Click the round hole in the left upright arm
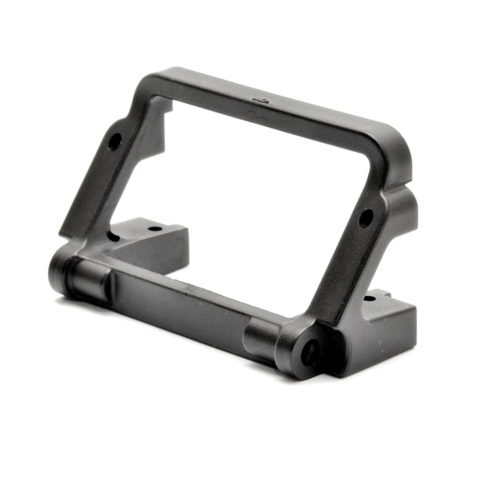coord(114,141)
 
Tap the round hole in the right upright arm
coord(365,217)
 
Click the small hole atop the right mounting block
coord(368,299)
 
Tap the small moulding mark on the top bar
coord(260,99)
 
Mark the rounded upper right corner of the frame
coord(391,148)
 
